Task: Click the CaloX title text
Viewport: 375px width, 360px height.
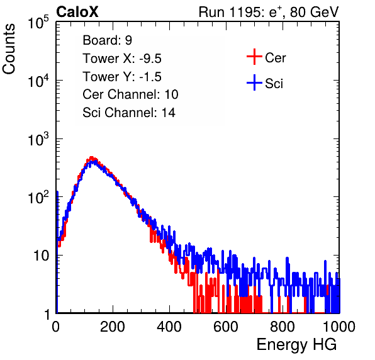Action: coord(77,12)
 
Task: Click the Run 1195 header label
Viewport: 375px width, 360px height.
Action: coord(269,12)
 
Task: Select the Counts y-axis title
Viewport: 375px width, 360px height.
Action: coord(9,49)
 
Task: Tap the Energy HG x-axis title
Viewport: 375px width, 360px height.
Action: coord(296,345)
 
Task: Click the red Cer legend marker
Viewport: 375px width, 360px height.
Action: coord(254,57)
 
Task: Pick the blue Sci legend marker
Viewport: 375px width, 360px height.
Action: coord(254,83)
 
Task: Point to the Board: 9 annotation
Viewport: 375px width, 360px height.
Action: coord(108,40)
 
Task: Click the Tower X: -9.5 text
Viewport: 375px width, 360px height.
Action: coord(122,59)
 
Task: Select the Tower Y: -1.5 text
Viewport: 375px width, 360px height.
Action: coord(122,77)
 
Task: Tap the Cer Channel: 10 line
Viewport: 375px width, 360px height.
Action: coord(130,94)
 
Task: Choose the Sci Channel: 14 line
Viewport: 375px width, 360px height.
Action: coord(129,113)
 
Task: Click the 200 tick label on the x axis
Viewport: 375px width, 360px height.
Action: coord(113,327)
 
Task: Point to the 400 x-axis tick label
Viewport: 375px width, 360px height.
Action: coord(169,327)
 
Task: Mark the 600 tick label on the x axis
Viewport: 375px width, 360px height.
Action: coord(226,327)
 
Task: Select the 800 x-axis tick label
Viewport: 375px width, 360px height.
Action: coord(283,327)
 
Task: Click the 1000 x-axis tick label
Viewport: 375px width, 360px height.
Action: coord(339,327)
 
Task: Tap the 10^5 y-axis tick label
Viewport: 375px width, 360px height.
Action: coord(38,22)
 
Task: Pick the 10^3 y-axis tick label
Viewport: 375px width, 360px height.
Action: coord(38,138)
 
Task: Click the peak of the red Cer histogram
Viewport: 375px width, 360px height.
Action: coord(91,157)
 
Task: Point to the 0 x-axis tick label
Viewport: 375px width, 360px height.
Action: coord(56,327)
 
